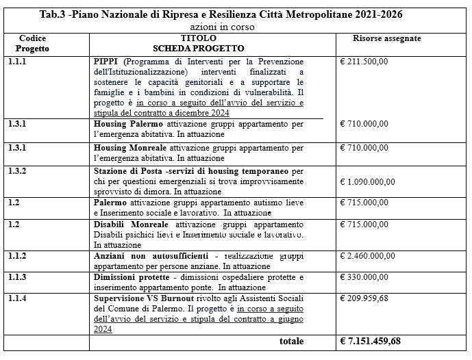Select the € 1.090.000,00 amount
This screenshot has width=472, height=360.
coord(368,181)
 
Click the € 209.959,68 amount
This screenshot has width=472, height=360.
coord(364,299)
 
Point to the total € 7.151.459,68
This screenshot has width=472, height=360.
coord(371,341)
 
